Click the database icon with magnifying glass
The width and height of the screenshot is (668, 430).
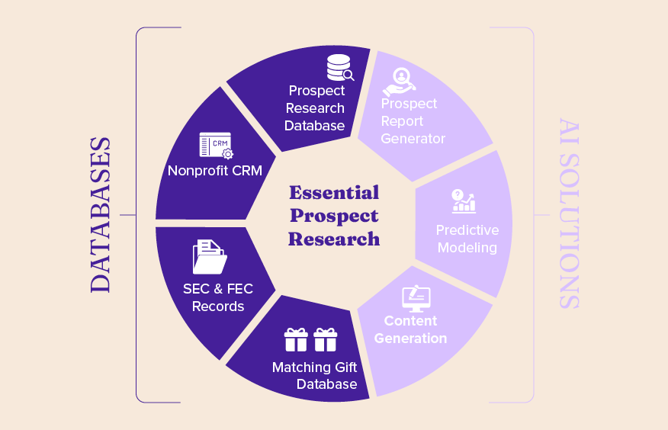(x=340, y=68)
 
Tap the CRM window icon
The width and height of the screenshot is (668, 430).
(x=217, y=145)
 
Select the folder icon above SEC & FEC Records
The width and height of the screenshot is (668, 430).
(x=210, y=257)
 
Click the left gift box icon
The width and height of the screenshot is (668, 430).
(x=296, y=340)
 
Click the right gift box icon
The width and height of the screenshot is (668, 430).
(x=326, y=340)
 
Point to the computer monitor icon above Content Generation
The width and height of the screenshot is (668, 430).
(x=416, y=298)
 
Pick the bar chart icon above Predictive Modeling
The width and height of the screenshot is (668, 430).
(x=464, y=201)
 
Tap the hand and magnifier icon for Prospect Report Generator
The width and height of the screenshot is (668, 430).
(x=399, y=82)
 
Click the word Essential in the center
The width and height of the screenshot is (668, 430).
(x=334, y=192)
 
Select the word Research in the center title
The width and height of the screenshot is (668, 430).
(x=334, y=239)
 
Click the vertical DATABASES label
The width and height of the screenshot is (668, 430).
(x=101, y=215)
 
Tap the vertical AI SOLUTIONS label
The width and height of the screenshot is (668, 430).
(x=569, y=213)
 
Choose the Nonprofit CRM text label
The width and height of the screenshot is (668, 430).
(x=215, y=171)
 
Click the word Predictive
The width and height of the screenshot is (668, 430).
(x=467, y=230)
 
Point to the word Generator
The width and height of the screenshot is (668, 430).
(x=413, y=139)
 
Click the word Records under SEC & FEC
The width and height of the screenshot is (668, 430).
(x=218, y=306)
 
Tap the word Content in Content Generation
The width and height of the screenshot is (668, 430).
(x=411, y=321)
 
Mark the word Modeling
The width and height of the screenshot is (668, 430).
(x=467, y=248)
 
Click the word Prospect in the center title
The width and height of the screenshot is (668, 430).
(x=334, y=217)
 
